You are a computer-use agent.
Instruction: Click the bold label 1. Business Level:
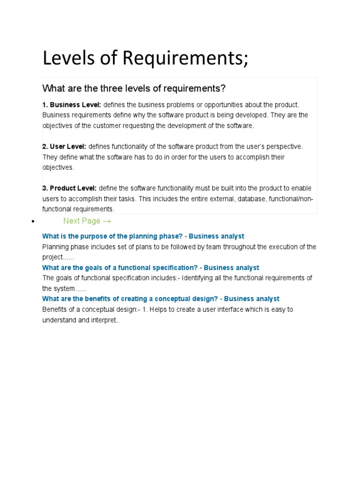pos(72,105)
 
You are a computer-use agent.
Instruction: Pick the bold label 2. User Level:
pos(64,147)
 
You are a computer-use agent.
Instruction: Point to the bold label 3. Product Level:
pos(69,188)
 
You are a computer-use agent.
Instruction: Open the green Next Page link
pos(82,221)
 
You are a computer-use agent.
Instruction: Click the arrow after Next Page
pos(106,221)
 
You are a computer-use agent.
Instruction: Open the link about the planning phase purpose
pos(143,236)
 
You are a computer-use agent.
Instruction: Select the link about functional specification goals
pos(150,268)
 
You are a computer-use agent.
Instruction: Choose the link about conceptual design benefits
pos(161,299)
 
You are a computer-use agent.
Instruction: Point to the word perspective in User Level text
pos(284,147)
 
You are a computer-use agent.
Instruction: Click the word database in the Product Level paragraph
pos(254,199)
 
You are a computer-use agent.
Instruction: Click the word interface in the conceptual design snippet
pos(211,309)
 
